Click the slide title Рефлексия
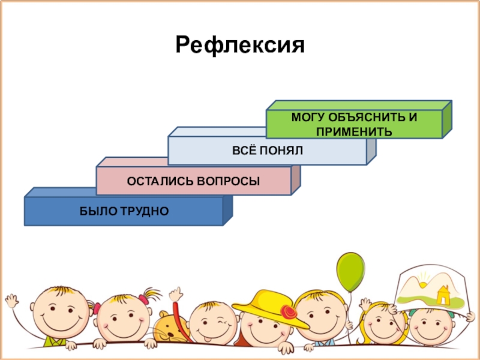[x=239, y=45]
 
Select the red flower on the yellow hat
[x=289, y=312]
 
